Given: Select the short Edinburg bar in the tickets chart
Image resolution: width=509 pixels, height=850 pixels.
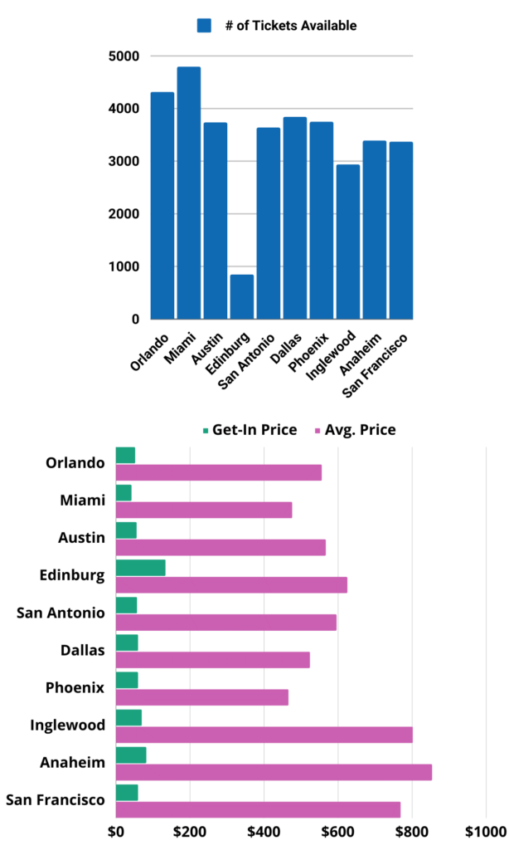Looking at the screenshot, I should coord(241,296).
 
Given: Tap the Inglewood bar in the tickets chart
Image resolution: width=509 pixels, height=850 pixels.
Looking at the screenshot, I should coord(347,242).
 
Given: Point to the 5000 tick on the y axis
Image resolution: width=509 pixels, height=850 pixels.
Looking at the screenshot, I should coord(122,56).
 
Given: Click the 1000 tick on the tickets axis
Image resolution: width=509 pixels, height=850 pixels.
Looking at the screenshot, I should coord(122,266).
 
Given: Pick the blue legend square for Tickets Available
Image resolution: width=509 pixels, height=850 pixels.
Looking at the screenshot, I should coord(205,26).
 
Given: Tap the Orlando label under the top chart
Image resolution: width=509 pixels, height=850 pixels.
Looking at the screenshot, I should coord(150,352).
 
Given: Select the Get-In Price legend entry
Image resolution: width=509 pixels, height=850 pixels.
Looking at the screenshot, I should coord(250,430).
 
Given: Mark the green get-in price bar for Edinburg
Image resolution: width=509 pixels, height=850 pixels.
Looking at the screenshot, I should coord(140,568).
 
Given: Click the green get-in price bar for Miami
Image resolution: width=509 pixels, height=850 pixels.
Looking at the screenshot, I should coord(124,493).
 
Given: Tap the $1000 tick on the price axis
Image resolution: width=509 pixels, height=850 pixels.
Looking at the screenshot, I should coord(485,831).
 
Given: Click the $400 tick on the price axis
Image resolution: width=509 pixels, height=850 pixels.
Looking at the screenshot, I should coord(264,831).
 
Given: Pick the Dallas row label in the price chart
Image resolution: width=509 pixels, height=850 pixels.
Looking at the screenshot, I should coord(83,650).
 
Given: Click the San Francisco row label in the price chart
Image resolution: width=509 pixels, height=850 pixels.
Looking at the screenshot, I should coord(56,800).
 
